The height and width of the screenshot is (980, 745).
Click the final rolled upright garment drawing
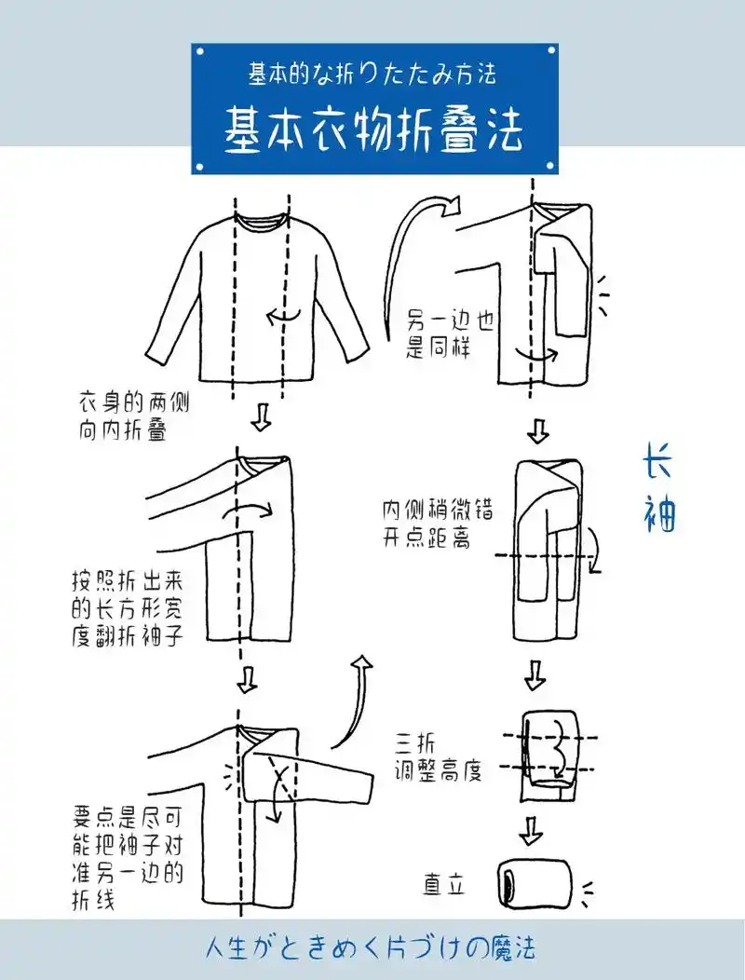533,880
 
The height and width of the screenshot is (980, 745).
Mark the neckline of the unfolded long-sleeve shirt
261,223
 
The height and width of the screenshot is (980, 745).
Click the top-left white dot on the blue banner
198,50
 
